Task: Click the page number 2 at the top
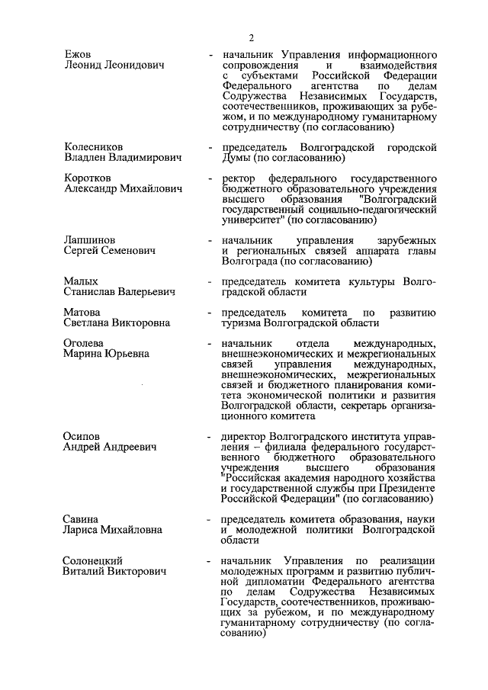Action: tap(249, 37)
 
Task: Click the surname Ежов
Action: tap(77, 55)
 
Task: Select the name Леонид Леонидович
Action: tap(114, 66)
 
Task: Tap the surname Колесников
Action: tap(93, 146)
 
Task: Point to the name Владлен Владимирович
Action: tap(122, 158)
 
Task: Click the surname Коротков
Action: tap(86, 177)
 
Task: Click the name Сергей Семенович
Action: tap(109, 251)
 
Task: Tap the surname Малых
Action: tap(80, 281)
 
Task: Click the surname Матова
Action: tap(82, 312)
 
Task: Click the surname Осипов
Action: tap(82, 435)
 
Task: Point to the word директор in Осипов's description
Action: tap(245, 435)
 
